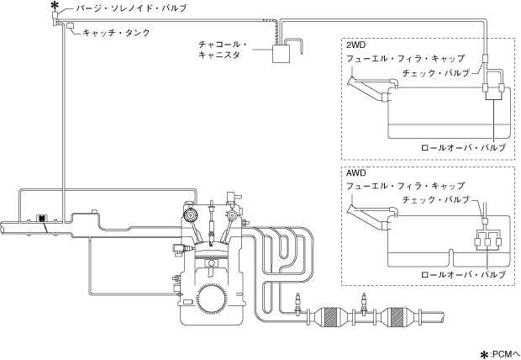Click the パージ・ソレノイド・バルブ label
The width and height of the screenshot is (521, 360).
point(132,8)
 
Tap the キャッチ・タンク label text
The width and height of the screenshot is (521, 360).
point(116,33)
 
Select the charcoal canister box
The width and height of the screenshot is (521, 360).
point(282,53)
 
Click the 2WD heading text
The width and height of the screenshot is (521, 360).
point(355,45)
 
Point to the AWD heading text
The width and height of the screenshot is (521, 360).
point(355,173)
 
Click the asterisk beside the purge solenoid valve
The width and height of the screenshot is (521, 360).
point(53,6)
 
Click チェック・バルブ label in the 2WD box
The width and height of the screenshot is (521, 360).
point(435,73)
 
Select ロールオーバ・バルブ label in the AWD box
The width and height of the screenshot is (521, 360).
point(464,274)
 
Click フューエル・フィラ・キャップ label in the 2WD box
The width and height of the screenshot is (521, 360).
point(405,59)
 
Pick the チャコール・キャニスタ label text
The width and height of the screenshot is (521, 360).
point(223,50)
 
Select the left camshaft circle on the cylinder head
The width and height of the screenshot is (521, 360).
point(191,215)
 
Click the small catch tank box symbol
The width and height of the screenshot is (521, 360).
point(71,25)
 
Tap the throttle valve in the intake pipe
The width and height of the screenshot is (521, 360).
point(41,219)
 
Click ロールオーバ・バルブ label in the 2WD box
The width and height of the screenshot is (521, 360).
point(464,147)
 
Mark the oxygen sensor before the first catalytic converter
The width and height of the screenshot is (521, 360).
point(298,304)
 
